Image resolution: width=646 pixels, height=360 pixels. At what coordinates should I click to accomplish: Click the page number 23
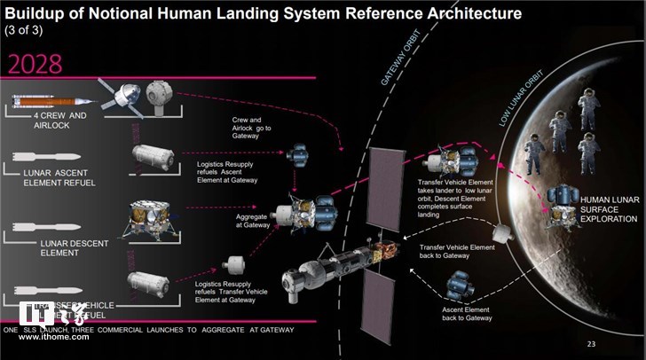pos(592,341)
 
